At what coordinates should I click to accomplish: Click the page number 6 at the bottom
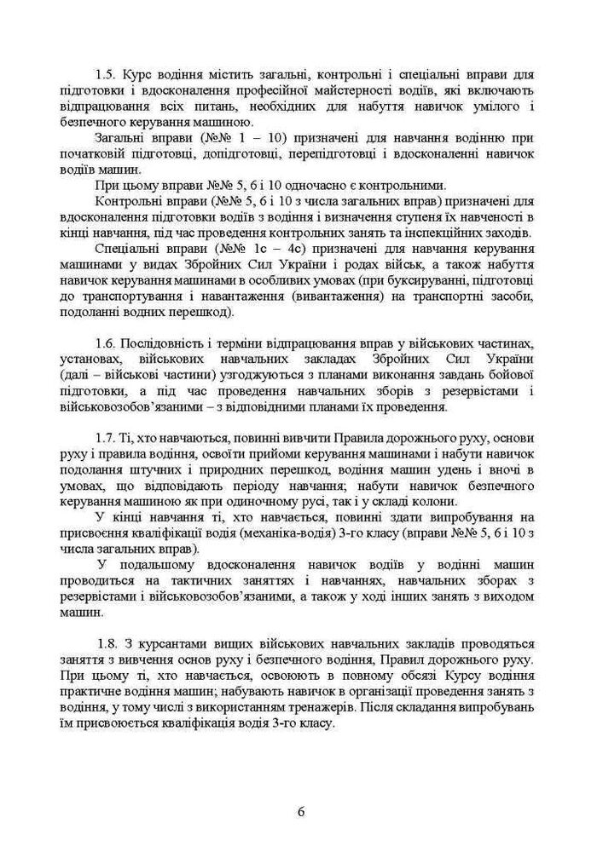pyautogui.click(x=302, y=810)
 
